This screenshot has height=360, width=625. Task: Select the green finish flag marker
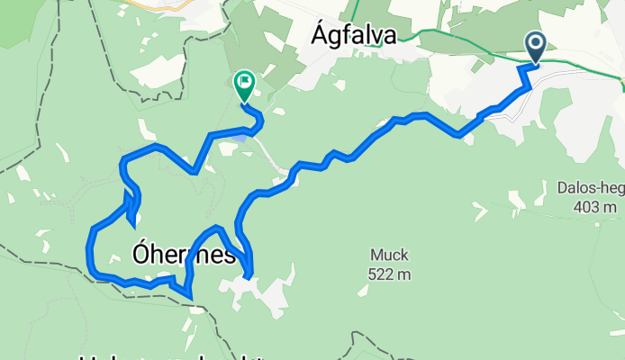(x=243, y=85)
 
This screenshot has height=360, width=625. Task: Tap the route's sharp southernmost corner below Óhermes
(x=190, y=295)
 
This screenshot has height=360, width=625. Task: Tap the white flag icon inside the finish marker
(x=243, y=82)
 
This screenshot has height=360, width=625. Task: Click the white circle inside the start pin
(x=535, y=42)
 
